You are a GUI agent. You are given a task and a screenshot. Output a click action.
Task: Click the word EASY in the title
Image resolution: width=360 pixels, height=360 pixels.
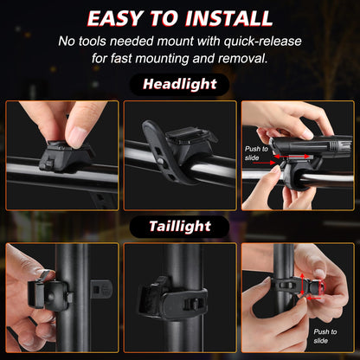coord(122,18)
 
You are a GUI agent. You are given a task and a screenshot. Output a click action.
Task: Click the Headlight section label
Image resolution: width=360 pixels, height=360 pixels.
coord(179,84)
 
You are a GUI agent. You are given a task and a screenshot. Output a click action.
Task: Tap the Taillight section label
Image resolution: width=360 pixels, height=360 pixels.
coord(179,226)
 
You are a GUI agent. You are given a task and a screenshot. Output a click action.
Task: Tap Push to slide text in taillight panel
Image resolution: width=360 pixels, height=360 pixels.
coord(326,336)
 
